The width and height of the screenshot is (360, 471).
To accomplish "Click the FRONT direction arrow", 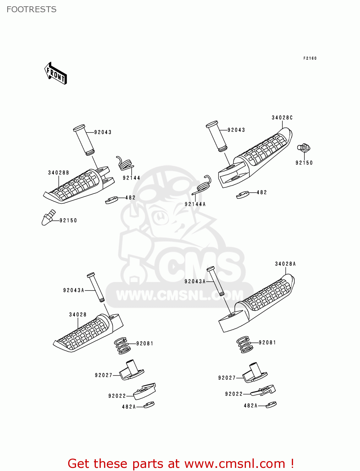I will (56, 73).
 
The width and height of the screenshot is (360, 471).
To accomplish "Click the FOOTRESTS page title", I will (31, 9).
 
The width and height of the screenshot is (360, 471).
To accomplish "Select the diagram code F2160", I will (310, 58).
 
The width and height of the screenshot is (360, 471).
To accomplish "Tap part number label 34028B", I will (58, 173).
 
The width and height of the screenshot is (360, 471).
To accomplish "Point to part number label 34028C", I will (282, 118).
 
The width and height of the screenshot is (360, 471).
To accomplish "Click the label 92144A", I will (195, 204).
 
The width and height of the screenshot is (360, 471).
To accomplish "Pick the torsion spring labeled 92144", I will (125, 163).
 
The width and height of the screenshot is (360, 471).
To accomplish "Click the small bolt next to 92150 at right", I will (303, 147).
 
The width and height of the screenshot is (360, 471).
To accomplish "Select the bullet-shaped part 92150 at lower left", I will (48, 218).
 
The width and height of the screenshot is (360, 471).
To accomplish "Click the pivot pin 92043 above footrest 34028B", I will (84, 140).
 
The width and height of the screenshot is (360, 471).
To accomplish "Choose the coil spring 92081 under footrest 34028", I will (122, 345).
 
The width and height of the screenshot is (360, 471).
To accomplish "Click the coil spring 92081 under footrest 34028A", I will (244, 344).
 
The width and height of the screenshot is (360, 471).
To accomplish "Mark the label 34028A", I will (285, 264).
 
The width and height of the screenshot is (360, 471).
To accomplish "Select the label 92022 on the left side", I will (117, 396).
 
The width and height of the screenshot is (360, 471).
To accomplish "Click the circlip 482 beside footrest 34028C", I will (243, 195).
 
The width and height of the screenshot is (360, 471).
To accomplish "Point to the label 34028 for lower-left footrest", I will (78, 315).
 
